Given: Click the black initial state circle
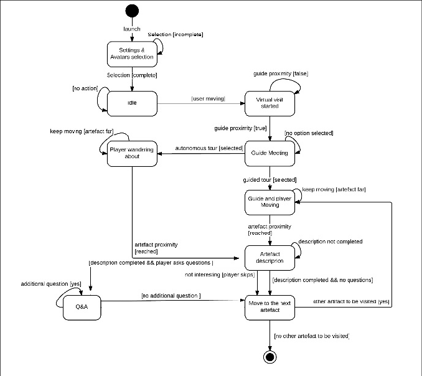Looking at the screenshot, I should [x=132, y=11].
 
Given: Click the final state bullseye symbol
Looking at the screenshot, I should [x=270, y=357].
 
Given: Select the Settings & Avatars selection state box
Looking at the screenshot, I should [x=131, y=54].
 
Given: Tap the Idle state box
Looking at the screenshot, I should [x=131, y=103].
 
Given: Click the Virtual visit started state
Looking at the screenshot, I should [x=269, y=103].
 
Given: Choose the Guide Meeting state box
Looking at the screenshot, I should [x=269, y=153].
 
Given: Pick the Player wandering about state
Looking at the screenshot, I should [x=131, y=153].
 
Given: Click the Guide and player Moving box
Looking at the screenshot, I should [x=269, y=202].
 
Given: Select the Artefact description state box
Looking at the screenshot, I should [x=269, y=257].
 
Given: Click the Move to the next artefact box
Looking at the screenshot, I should [x=269, y=307].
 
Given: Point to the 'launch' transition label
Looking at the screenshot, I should [x=132, y=29].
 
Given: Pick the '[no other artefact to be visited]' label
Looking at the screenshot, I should [x=311, y=336].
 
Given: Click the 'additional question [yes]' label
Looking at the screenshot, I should [x=51, y=283].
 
